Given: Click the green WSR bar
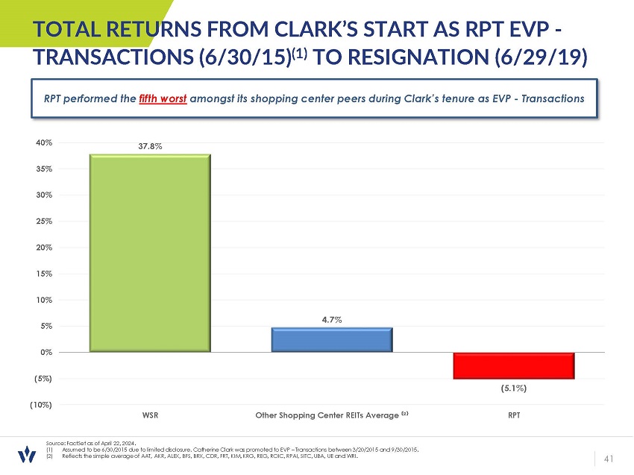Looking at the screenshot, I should (x=149, y=253).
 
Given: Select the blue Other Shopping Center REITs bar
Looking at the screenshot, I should (x=331, y=340).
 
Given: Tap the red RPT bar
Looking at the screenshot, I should (x=514, y=365).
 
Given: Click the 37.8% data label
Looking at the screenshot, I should (x=150, y=146).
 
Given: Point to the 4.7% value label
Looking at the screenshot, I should (x=332, y=320).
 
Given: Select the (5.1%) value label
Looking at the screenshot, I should (x=514, y=388).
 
